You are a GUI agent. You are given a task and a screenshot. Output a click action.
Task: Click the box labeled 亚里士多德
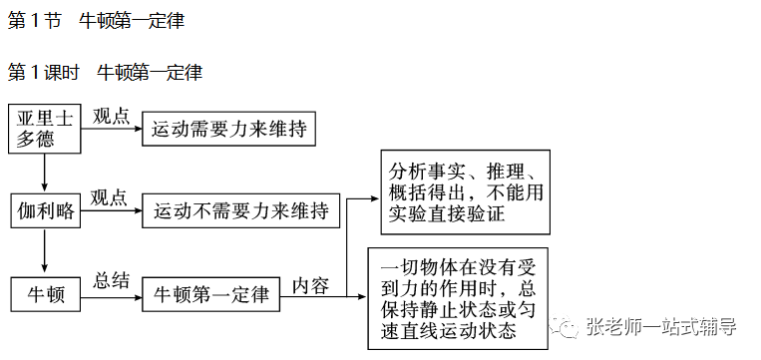44,128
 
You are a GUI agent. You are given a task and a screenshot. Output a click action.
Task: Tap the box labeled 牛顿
44,294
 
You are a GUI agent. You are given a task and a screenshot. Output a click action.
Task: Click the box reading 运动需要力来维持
228,128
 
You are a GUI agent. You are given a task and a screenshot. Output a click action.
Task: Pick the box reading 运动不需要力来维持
241,211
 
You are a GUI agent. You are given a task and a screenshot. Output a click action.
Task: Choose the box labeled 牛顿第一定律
210,294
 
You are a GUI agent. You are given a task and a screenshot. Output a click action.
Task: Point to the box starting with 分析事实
465,190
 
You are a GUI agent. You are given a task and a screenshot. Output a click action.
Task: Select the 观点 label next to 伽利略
109,197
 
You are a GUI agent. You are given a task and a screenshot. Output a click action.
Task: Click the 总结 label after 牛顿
112,280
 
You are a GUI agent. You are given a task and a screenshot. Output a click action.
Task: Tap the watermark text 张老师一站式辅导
662,326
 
